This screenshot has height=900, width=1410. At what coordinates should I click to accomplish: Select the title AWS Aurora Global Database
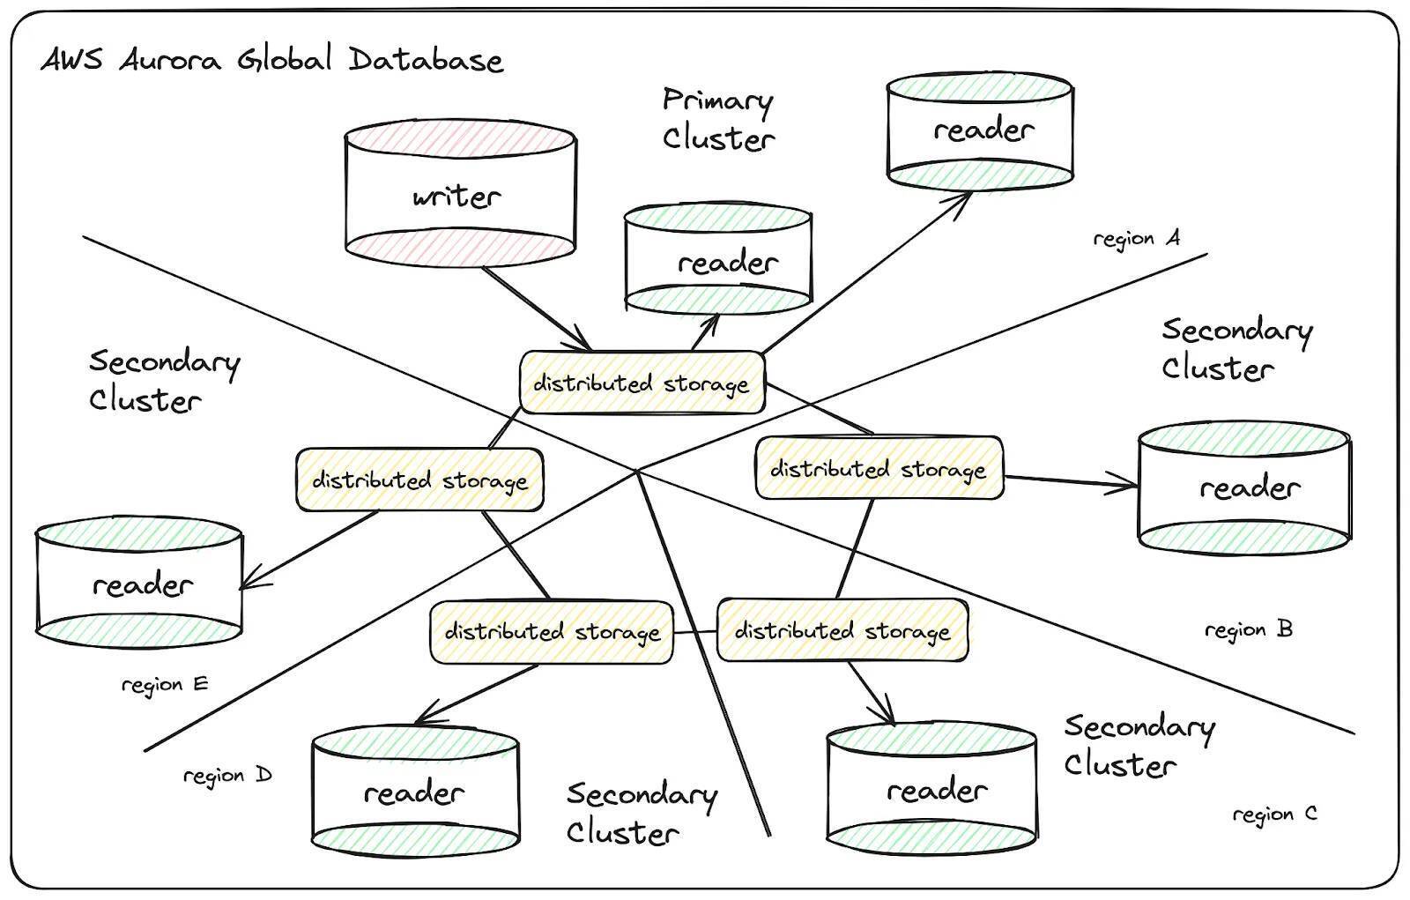272,60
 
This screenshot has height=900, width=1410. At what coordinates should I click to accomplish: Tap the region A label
1136,239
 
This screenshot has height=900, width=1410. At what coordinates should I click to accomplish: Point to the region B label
1248,630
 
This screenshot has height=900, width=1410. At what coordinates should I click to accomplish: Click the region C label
1274,814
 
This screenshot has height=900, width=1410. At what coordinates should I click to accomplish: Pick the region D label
227,777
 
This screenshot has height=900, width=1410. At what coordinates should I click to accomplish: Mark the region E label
165,685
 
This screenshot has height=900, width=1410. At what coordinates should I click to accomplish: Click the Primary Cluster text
717,119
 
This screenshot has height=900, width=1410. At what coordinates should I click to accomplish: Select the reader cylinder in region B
1244,487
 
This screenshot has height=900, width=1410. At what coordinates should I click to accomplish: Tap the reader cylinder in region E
139,584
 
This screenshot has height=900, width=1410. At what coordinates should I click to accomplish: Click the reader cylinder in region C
932,790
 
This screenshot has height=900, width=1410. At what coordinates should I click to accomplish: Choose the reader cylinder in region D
415,792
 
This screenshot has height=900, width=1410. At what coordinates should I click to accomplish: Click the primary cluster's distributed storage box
642,383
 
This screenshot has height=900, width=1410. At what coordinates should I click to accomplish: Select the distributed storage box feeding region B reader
879,468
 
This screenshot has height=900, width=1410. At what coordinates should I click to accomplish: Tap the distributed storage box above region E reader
419,480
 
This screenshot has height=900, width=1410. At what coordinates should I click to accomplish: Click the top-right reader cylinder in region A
979,131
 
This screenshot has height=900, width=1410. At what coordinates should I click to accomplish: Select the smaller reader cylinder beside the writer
718,261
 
